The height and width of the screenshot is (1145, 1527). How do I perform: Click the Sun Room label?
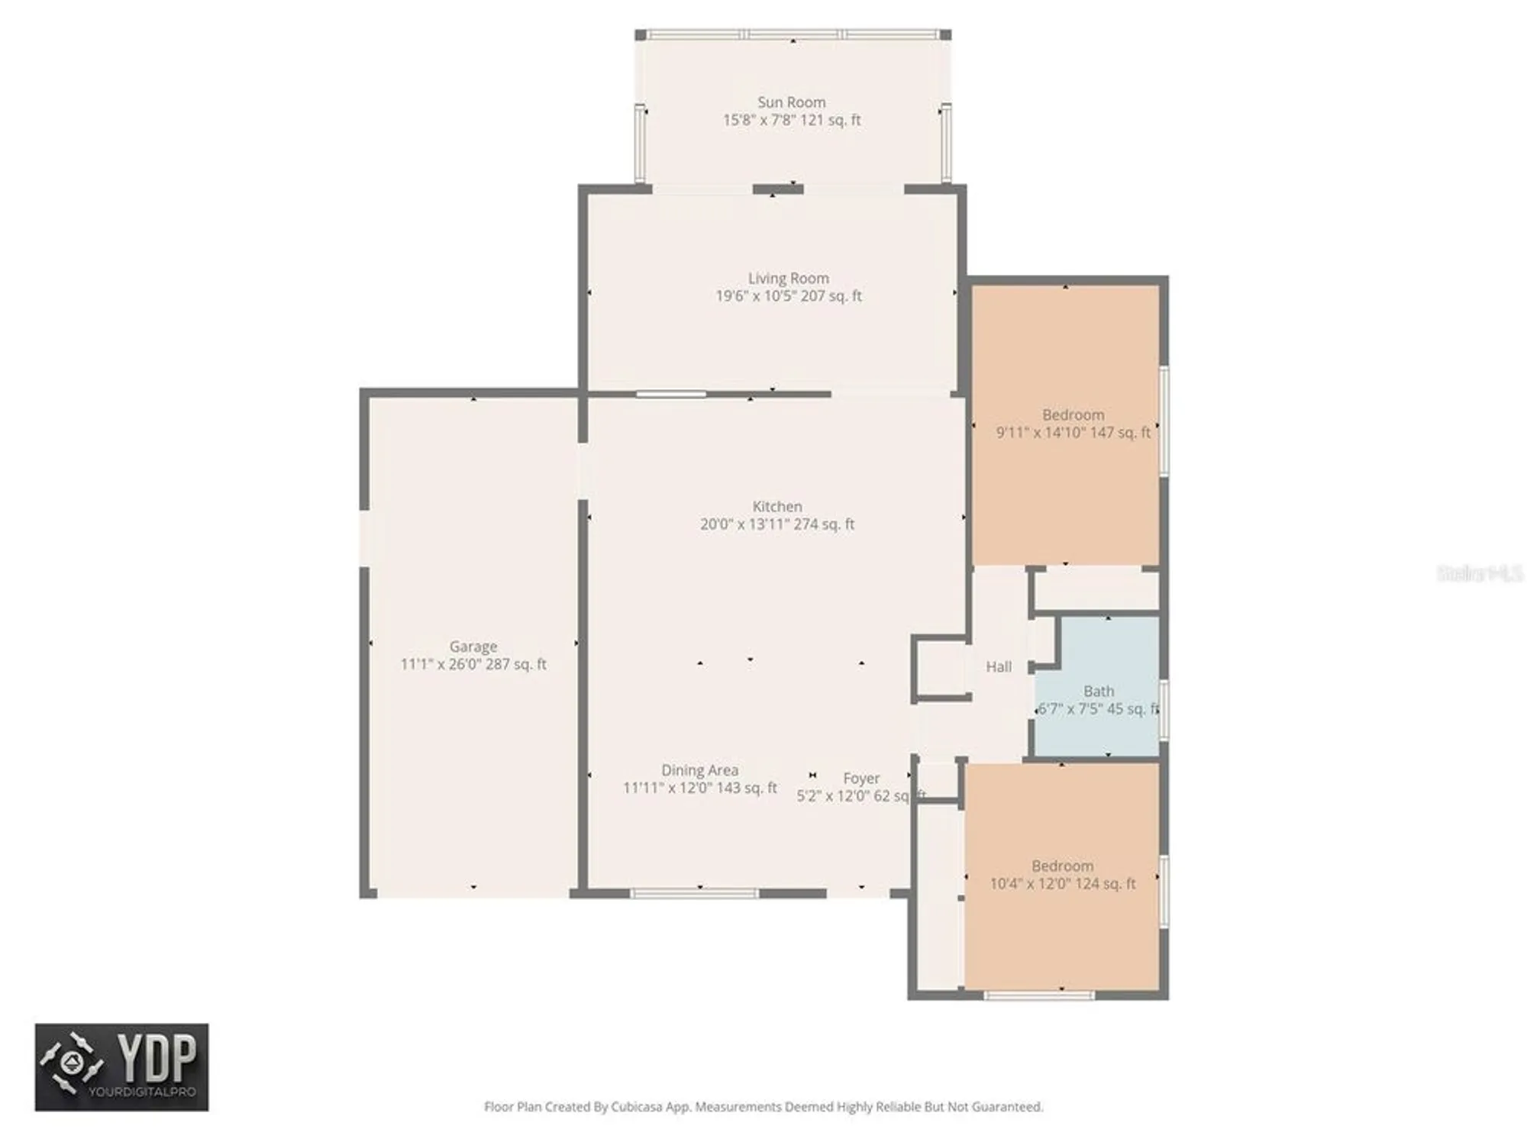(791, 102)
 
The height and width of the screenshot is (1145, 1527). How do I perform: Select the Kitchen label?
(776, 507)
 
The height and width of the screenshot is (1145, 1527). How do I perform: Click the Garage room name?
(473, 647)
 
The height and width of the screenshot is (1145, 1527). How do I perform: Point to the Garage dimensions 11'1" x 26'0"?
(473, 664)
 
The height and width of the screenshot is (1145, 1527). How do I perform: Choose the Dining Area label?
(699, 770)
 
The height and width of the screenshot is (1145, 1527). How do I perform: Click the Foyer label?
(861, 779)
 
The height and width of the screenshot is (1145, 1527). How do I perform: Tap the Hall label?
(998, 667)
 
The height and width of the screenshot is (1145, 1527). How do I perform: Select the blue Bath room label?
(1098, 692)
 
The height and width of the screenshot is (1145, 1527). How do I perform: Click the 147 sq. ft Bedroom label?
(1073, 415)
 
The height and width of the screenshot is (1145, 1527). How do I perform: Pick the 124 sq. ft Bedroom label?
(1062, 866)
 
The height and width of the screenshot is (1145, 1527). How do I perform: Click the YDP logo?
(121, 1067)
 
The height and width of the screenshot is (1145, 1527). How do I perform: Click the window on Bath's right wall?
(1164, 710)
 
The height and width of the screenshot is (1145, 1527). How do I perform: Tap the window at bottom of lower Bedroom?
(1038, 995)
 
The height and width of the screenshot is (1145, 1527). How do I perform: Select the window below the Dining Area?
(694, 893)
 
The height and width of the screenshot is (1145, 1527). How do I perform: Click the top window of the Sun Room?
(793, 34)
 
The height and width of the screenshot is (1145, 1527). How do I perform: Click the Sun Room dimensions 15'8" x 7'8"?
(791, 120)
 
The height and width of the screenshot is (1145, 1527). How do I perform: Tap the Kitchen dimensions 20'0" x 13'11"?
(776, 524)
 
